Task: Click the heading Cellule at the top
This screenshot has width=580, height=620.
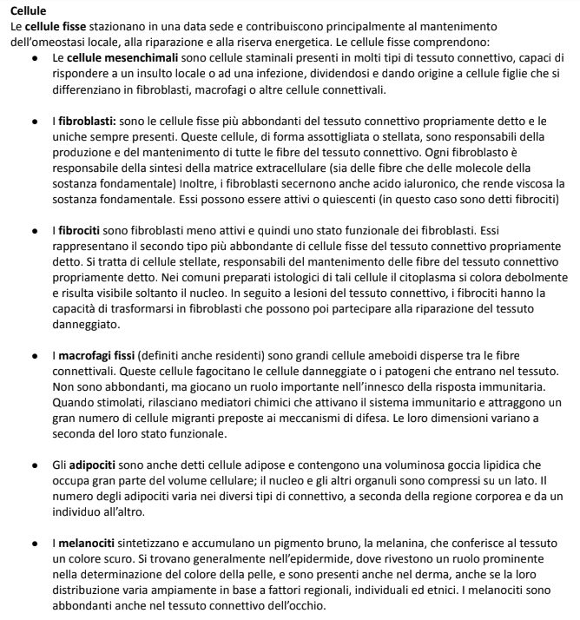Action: pos(30,10)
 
